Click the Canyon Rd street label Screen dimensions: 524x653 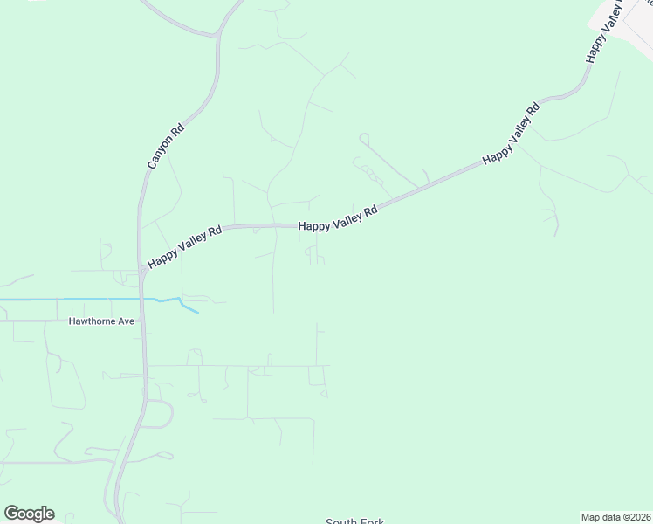166,144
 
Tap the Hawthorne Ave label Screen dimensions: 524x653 102,321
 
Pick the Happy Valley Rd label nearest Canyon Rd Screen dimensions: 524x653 185,248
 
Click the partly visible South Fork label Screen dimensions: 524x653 354,521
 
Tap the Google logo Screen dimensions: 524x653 29,514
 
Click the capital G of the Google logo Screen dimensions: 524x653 11,513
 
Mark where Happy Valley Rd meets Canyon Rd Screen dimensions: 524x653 141,269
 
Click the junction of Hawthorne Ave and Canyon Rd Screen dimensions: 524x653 142,321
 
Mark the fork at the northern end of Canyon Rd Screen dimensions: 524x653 217,36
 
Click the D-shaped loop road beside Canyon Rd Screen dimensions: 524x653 158,414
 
